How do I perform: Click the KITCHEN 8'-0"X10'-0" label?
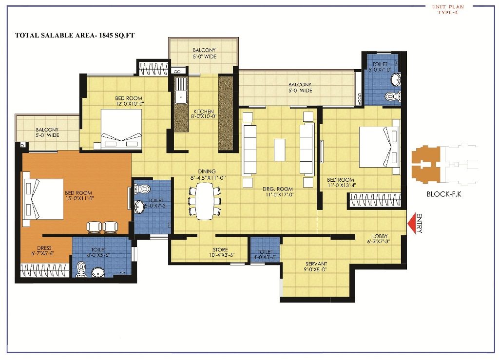pyautogui.click(x=203, y=114)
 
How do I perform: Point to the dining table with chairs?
pyautogui.click(x=204, y=202)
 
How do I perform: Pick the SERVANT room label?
pyautogui.click(x=316, y=266)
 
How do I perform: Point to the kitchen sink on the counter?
pyautogui.click(x=180, y=91)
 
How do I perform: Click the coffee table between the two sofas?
pyautogui.click(x=279, y=150)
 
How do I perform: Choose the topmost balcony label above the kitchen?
pyautogui.click(x=204, y=53)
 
